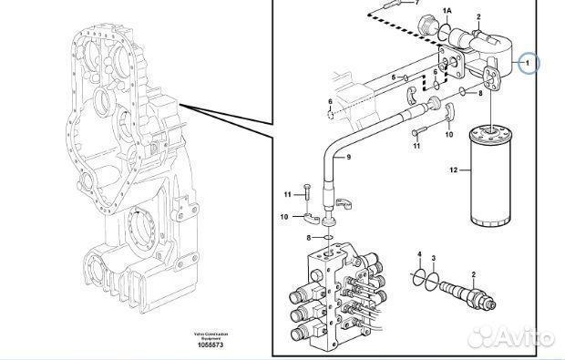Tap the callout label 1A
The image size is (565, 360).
446,10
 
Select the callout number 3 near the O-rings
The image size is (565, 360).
434,259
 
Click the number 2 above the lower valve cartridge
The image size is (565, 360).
473,274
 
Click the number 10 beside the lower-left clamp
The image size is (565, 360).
284,217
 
